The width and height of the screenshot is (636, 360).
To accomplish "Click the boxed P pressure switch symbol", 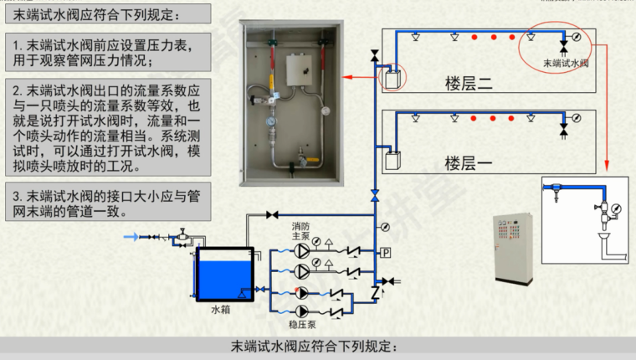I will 386,252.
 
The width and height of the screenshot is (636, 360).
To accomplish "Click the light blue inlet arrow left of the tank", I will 134,237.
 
